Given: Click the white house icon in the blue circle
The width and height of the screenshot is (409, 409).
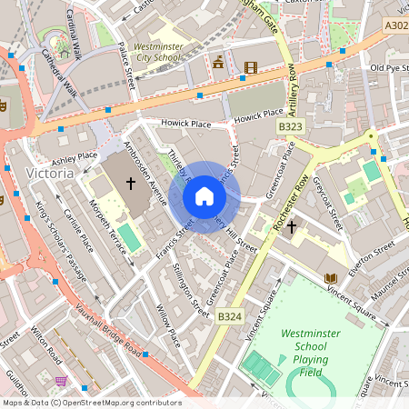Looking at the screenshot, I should tap(204, 196).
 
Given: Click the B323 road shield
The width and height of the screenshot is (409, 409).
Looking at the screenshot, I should tap(290, 127).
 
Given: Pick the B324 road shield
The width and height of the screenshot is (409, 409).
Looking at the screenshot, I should tap(229, 315).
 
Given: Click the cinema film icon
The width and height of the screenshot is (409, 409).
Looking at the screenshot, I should tap(250, 66).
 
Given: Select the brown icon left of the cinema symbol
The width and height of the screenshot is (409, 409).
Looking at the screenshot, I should tap(218, 63).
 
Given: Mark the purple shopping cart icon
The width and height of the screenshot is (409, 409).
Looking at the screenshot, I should tap(61, 381).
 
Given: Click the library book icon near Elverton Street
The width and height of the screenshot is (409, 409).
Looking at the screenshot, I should tap(329, 277).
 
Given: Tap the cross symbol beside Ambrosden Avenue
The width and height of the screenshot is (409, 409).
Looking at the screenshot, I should tap(130, 184).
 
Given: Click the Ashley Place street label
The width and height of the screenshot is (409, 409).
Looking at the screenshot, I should tap(75, 156).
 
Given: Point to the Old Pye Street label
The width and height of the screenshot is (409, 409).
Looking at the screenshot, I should tap(388, 68).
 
